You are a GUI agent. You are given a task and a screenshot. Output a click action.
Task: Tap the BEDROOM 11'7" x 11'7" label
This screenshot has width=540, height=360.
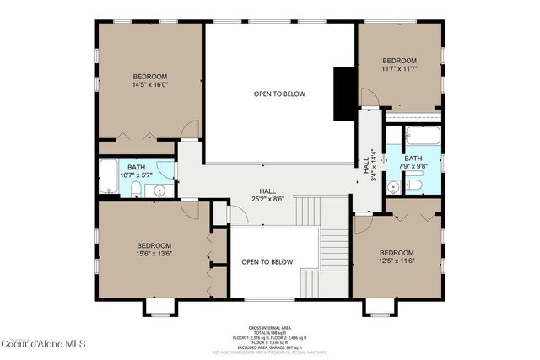(399, 65)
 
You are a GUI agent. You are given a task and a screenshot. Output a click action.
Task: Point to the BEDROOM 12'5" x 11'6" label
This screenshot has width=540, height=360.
(396, 257)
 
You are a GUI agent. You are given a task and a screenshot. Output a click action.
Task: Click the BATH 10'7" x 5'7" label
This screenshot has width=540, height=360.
(136, 171)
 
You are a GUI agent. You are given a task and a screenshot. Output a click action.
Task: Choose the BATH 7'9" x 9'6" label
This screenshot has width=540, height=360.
(413, 163)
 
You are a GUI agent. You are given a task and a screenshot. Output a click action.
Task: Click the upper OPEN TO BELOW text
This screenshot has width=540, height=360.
(279, 94)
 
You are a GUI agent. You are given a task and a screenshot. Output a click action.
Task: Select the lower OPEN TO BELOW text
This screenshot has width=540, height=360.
(267, 261)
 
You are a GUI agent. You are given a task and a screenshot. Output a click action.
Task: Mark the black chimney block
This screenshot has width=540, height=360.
(344, 94)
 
